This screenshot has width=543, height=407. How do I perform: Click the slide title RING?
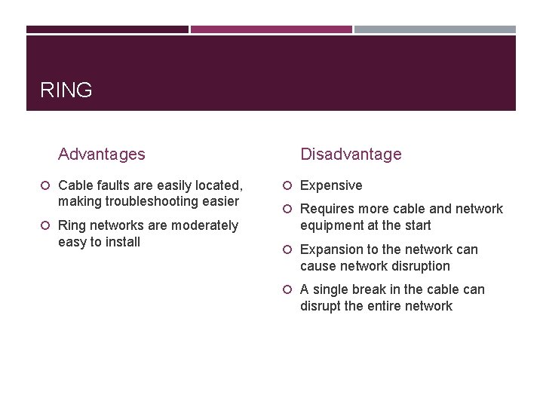tap(66, 90)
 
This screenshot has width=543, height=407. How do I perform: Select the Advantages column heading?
tap(101, 155)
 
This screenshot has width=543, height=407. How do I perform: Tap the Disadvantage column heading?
tap(351, 155)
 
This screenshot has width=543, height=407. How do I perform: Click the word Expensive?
tap(331, 185)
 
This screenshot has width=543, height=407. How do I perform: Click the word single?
tap(333, 289)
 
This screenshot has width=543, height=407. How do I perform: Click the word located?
tap(219, 185)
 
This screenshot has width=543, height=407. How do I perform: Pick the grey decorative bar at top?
tap(435, 29)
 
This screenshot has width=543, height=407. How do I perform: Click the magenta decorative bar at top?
tap(271, 29)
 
